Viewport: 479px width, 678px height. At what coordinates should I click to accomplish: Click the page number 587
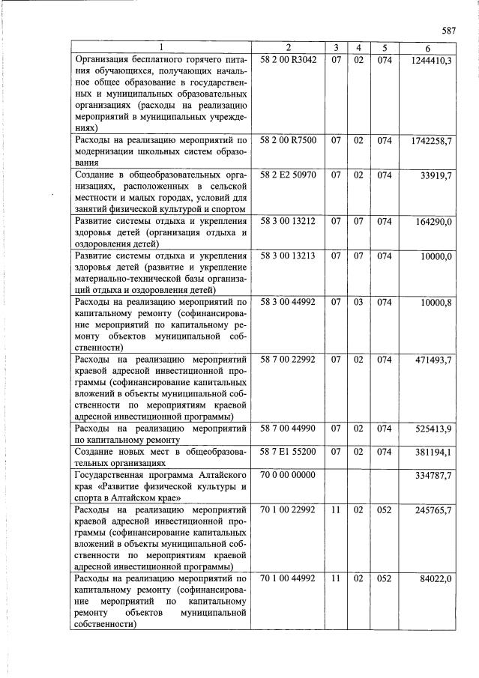(x=448, y=31)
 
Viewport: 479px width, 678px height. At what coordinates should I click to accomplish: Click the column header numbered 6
(x=427, y=49)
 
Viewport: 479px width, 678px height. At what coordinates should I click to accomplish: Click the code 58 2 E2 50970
(x=289, y=175)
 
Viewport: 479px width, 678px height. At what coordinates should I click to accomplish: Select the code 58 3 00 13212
(x=289, y=221)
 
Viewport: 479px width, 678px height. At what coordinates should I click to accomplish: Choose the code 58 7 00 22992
(x=289, y=360)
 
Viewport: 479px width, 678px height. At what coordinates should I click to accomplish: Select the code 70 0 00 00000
(x=289, y=475)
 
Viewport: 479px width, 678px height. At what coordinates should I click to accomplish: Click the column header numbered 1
(x=161, y=49)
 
